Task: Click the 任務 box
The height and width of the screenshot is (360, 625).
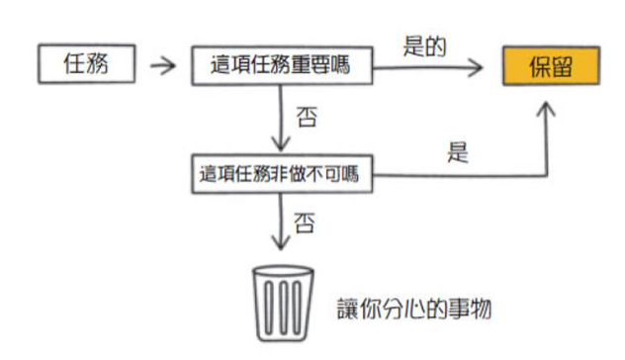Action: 86,63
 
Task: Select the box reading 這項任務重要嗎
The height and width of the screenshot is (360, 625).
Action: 282,66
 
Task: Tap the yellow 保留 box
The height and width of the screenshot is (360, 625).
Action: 551,66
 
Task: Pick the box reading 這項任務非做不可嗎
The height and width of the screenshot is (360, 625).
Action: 282,174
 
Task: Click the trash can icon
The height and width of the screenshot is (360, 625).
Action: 283,304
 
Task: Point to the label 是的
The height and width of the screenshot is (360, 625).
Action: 424,46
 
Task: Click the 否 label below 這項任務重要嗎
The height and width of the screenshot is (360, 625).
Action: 307,117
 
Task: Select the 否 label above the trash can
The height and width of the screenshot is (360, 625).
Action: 305,223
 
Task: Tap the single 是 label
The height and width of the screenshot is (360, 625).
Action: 458,152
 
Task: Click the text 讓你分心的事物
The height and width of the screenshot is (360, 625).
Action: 414,309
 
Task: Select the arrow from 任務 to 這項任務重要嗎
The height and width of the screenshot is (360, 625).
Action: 162,65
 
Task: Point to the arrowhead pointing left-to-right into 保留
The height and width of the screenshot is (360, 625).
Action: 475,67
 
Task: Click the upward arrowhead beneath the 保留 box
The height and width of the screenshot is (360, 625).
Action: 546,109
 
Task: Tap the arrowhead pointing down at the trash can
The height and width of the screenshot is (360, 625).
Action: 281,242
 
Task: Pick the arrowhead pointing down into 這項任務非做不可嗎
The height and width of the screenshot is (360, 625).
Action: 281,143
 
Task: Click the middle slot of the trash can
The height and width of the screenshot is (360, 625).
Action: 284,308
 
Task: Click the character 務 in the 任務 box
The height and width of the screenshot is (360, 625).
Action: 97,63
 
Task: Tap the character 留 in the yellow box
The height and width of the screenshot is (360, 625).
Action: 562,66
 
